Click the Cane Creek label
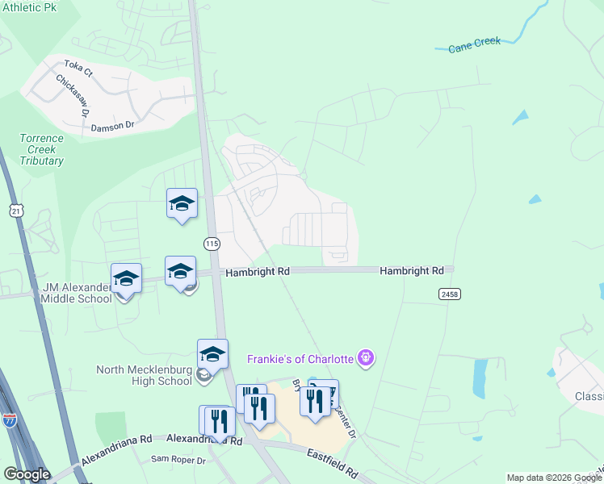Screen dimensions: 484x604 475,44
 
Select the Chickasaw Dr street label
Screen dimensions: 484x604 71,96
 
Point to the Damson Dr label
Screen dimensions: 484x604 112,126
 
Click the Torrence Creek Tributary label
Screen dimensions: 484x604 41,149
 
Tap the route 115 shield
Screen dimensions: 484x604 212,244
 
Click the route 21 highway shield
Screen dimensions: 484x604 15,211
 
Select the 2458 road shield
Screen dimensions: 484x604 450,294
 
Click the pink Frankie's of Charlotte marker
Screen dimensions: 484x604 366,356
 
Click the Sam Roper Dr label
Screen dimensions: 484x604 178,460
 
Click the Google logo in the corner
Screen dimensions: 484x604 27,474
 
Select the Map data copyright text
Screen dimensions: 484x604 554,478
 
